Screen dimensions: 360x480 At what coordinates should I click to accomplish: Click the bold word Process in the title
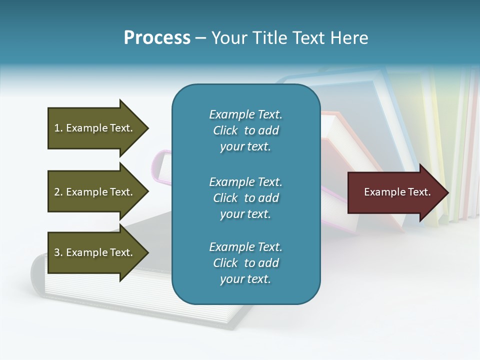pyautogui.click(x=157, y=38)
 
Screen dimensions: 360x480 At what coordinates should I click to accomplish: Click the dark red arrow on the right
pyautogui.click(x=395, y=192)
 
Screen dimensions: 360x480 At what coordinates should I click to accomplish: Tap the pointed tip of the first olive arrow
pyautogui.click(x=146, y=128)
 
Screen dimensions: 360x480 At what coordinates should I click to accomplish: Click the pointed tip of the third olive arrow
pyautogui.click(x=146, y=252)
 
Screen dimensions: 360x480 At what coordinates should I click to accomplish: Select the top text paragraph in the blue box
pyautogui.click(x=245, y=130)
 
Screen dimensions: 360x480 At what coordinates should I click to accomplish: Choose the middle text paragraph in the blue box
pyautogui.click(x=245, y=198)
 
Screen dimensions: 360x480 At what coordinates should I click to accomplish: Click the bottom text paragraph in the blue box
pyautogui.click(x=245, y=263)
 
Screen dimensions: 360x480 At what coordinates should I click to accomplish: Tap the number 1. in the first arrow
pyautogui.click(x=58, y=128)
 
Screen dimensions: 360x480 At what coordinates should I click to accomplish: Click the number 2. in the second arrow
pyautogui.click(x=58, y=192)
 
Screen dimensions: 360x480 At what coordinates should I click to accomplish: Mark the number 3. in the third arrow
pyautogui.click(x=58, y=252)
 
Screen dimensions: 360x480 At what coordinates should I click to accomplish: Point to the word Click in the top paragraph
pyautogui.click(x=225, y=130)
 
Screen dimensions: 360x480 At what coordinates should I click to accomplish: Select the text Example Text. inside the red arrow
pyautogui.click(x=397, y=192)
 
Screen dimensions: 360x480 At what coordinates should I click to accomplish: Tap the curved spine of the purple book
pyautogui.click(x=159, y=165)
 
